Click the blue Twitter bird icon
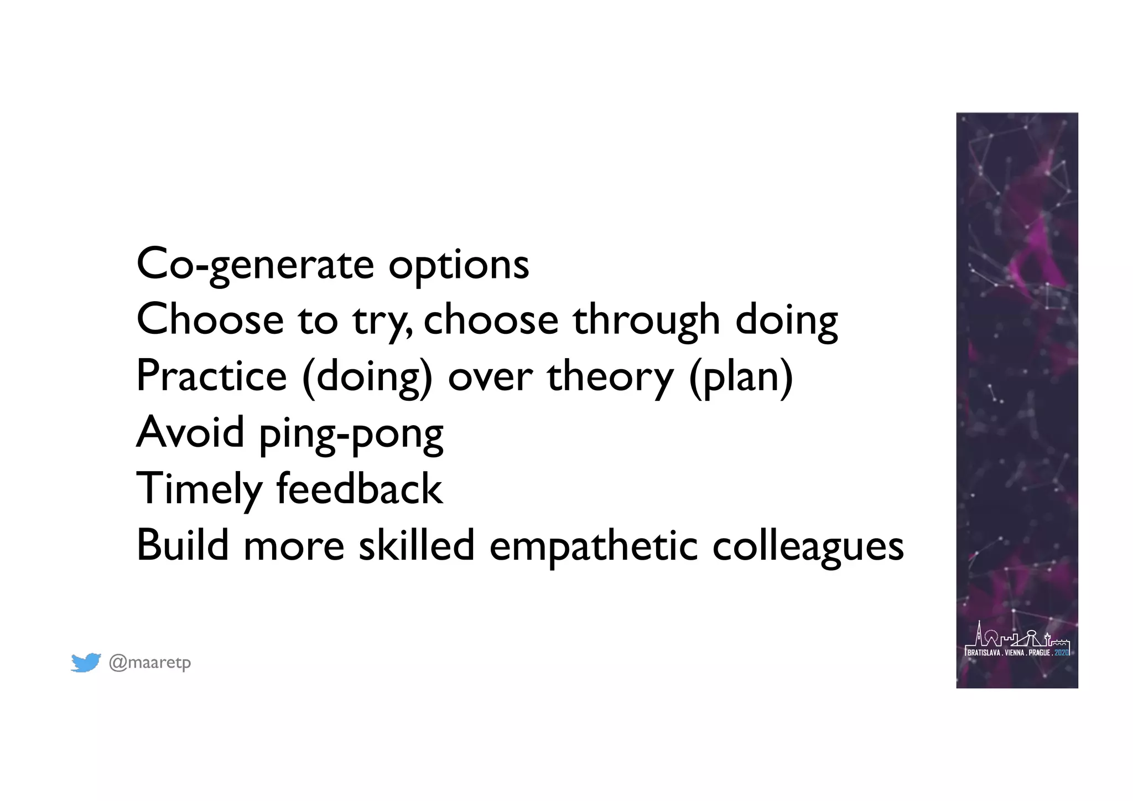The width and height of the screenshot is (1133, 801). coord(86,662)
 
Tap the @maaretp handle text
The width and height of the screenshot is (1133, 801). coord(150,662)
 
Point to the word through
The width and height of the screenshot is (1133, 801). coord(646,321)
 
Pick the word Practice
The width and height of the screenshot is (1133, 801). coord(211,376)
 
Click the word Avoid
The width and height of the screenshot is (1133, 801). coord(190,432)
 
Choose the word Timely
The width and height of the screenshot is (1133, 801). coord(199,490)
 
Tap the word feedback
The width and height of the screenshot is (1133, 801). coord(360,489)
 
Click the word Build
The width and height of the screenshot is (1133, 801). coord(183,545)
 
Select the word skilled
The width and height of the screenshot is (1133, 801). coord(417,545)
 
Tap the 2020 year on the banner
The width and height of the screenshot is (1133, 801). coord(1062,653)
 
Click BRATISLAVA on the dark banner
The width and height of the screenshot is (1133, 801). coord(984,653)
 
